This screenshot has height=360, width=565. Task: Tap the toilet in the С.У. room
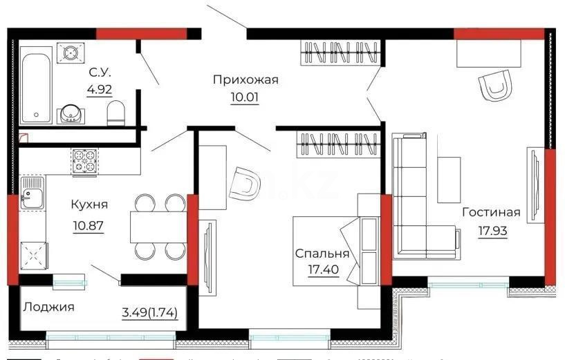coord(116,112)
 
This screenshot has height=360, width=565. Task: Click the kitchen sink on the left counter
coord(32,191)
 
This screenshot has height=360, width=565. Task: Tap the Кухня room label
coord(89,205)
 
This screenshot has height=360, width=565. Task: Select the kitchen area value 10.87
coord(88,226)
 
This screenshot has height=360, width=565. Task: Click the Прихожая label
coord(246,80)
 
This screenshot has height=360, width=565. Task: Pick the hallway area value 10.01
coord(245,97)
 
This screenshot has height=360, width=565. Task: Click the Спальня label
coord(322,254)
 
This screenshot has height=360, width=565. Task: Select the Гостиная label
coord(491,212)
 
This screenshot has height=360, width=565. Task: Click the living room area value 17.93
coord(492,230)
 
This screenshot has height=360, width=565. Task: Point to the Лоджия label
coord(48,306)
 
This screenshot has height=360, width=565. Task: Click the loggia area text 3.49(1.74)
coord(150,312)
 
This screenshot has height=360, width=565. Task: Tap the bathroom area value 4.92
coord(100,88)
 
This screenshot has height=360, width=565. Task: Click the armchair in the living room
coord(495,86)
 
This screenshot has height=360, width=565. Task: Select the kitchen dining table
coord(158,227)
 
